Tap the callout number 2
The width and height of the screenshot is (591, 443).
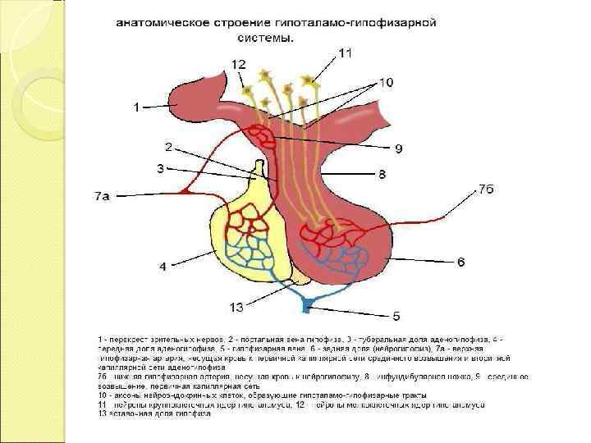(x=168, y=148)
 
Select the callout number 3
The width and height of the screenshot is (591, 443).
(x=162, y=168)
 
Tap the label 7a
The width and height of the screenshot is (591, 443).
(x=101, y=196)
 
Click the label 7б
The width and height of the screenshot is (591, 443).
(x=488, y=189)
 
